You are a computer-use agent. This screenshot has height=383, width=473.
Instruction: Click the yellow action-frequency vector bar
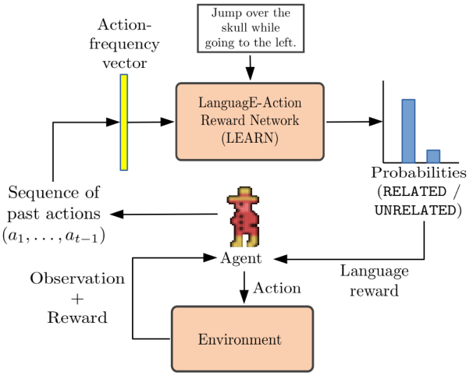click(x=123, y=122)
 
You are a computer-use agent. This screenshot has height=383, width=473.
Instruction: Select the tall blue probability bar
click(x=407, y=129)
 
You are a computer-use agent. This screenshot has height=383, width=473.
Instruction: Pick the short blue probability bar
click(x=432, y=154)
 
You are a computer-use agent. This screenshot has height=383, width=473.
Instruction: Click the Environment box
click(x=241, y=339)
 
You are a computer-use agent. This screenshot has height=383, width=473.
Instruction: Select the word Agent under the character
click(x=243, y=257)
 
